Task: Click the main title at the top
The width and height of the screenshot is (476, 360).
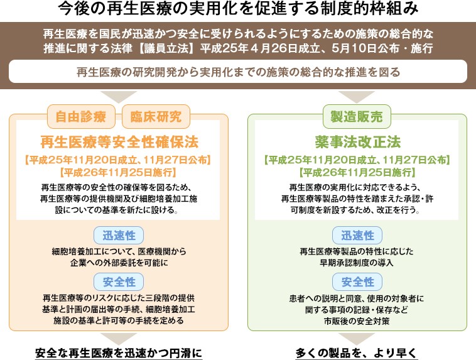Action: coord(238,11)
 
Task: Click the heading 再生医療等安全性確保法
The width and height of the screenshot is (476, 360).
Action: coord(118,140)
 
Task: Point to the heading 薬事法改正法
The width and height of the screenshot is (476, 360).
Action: coord(357,140)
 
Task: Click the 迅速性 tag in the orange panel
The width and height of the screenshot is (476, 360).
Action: coord(118,236)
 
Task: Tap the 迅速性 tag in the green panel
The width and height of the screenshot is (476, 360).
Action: coord(357,236)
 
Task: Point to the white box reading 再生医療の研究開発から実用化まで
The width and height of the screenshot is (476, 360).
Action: coord(238,72)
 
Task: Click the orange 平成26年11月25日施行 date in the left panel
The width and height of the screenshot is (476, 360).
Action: coord(118,172)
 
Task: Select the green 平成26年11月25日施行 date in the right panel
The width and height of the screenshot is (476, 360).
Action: coord(357,172)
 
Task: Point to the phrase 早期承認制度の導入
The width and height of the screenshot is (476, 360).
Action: coord(357,263)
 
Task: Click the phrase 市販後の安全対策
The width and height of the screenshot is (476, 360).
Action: coord(357,320)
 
